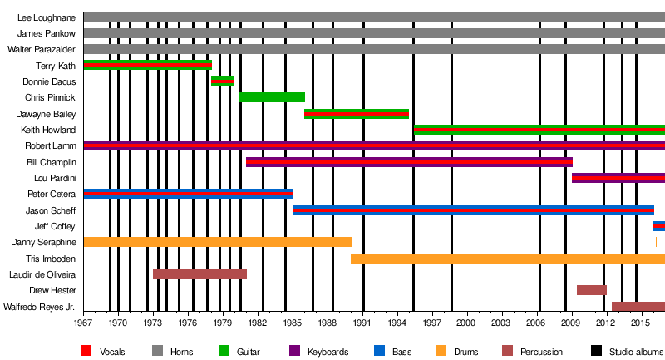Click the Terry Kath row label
point(56,66)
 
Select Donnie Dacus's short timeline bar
point(223,81)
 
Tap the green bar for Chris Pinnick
point(272,97)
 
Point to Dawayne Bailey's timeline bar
point(357,114)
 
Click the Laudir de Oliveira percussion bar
point(199,274)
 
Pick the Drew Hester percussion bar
point(592,290)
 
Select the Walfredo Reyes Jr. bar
point(638,307)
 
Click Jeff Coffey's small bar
point(659,226)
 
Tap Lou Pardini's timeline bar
point(618,178)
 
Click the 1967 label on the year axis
point(84,322)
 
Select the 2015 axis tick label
point(640,322)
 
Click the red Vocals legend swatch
point(87,352)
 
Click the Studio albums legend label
point(636,352)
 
